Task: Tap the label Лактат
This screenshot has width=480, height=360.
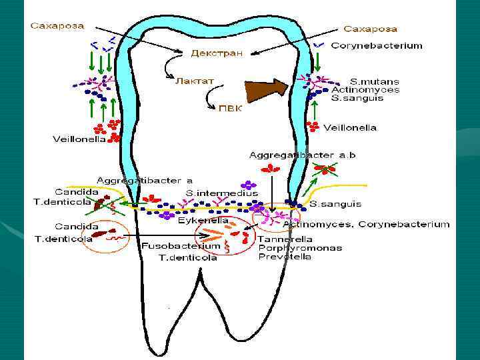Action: pyautogui.click(x=195, y=80)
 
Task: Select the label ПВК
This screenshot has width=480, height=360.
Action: pyautogui.click(x=230, y=108)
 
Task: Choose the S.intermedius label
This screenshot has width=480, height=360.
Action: pyautogui.click(x=221, y=193)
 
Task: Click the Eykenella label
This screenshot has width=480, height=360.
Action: pyautogui.click(x=203, y=220)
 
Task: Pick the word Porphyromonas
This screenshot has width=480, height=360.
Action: pyautogui.click(x=300, y=247)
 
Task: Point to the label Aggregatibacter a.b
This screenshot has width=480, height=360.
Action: pyautogui.click(x=303, y=155)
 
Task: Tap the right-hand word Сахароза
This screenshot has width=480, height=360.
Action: pyautogui.click(x=370, y=29)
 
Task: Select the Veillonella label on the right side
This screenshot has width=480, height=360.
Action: pyautogui.click(x=350, y=127)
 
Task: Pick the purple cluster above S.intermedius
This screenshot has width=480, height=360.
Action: pyautogui.click(x=249, y=185)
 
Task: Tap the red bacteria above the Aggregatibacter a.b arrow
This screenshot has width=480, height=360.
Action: pyautogui.click(x=271, y=168)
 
